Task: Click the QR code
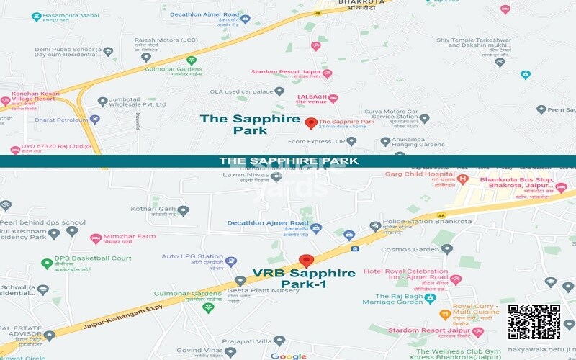coord(534,322)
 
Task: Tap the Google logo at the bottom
coord(288,356)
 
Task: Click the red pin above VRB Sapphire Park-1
coord(307,261)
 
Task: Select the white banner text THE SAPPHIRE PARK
coord(288,161)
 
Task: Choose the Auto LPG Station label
coord(192,256)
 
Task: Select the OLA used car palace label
coord(238,91)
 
